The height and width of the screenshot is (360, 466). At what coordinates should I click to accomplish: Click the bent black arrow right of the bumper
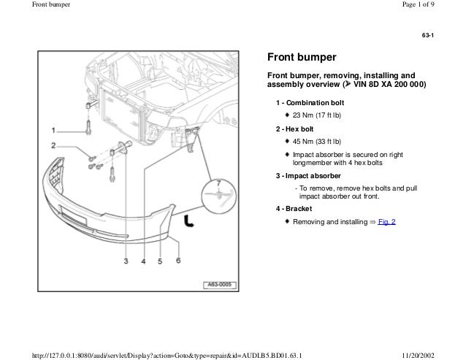[189, 222]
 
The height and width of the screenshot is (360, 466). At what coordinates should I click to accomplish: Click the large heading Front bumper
[301, 57]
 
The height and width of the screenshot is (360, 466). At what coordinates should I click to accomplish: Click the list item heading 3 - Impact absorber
[308, 176]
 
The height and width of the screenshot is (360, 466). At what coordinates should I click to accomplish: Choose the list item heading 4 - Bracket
[293, 208]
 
